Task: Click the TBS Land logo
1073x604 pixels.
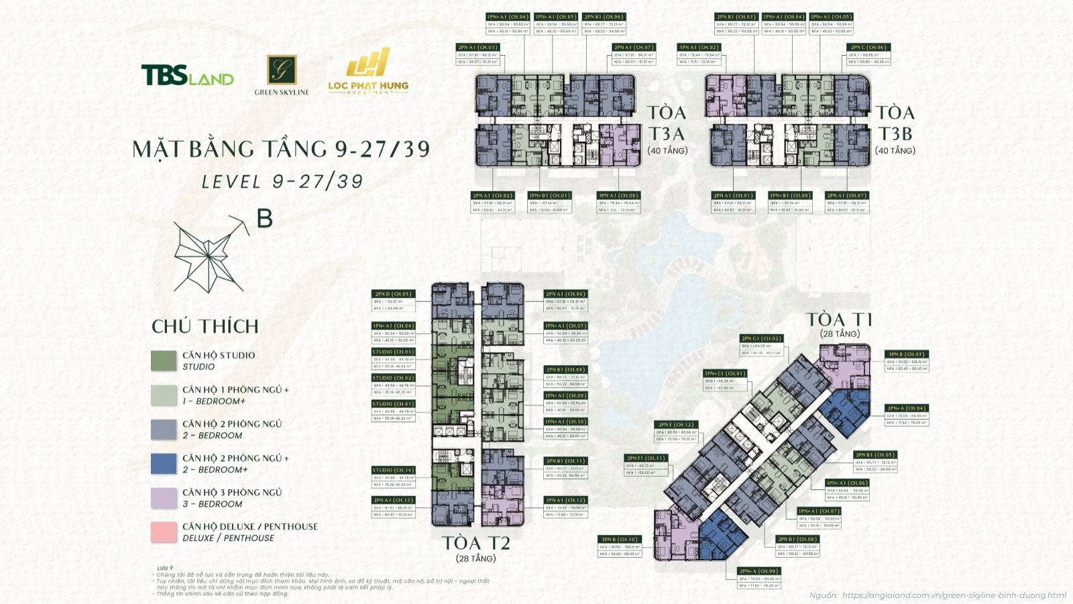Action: coord(187,75)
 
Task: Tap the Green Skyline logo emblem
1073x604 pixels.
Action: coord(282,70)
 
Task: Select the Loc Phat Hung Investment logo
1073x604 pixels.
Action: coord(368,70)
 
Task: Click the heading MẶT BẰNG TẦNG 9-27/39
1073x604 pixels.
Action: coord(281,148)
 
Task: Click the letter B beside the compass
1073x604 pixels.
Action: coord(265,219)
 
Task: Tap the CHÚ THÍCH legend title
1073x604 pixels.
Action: coord(205,327)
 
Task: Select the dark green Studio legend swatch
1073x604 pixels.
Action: coord(164,360)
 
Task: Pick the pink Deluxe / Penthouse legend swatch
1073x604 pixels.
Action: coord(164,532)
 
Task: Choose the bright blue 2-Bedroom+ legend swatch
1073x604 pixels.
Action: coord(164,464)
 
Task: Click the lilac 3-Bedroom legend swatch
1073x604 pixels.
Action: coord(164,498)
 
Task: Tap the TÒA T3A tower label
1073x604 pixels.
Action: coord(667,122)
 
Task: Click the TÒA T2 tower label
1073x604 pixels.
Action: coord(475,542)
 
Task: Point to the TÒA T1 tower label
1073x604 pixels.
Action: coord(839,319)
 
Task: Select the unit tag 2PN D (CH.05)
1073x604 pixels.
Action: coord(394,293)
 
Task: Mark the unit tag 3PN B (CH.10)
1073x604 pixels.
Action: coord(620,539)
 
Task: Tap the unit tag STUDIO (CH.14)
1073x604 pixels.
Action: coord(394,470)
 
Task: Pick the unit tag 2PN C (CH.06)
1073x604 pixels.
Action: coord(869,48)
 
